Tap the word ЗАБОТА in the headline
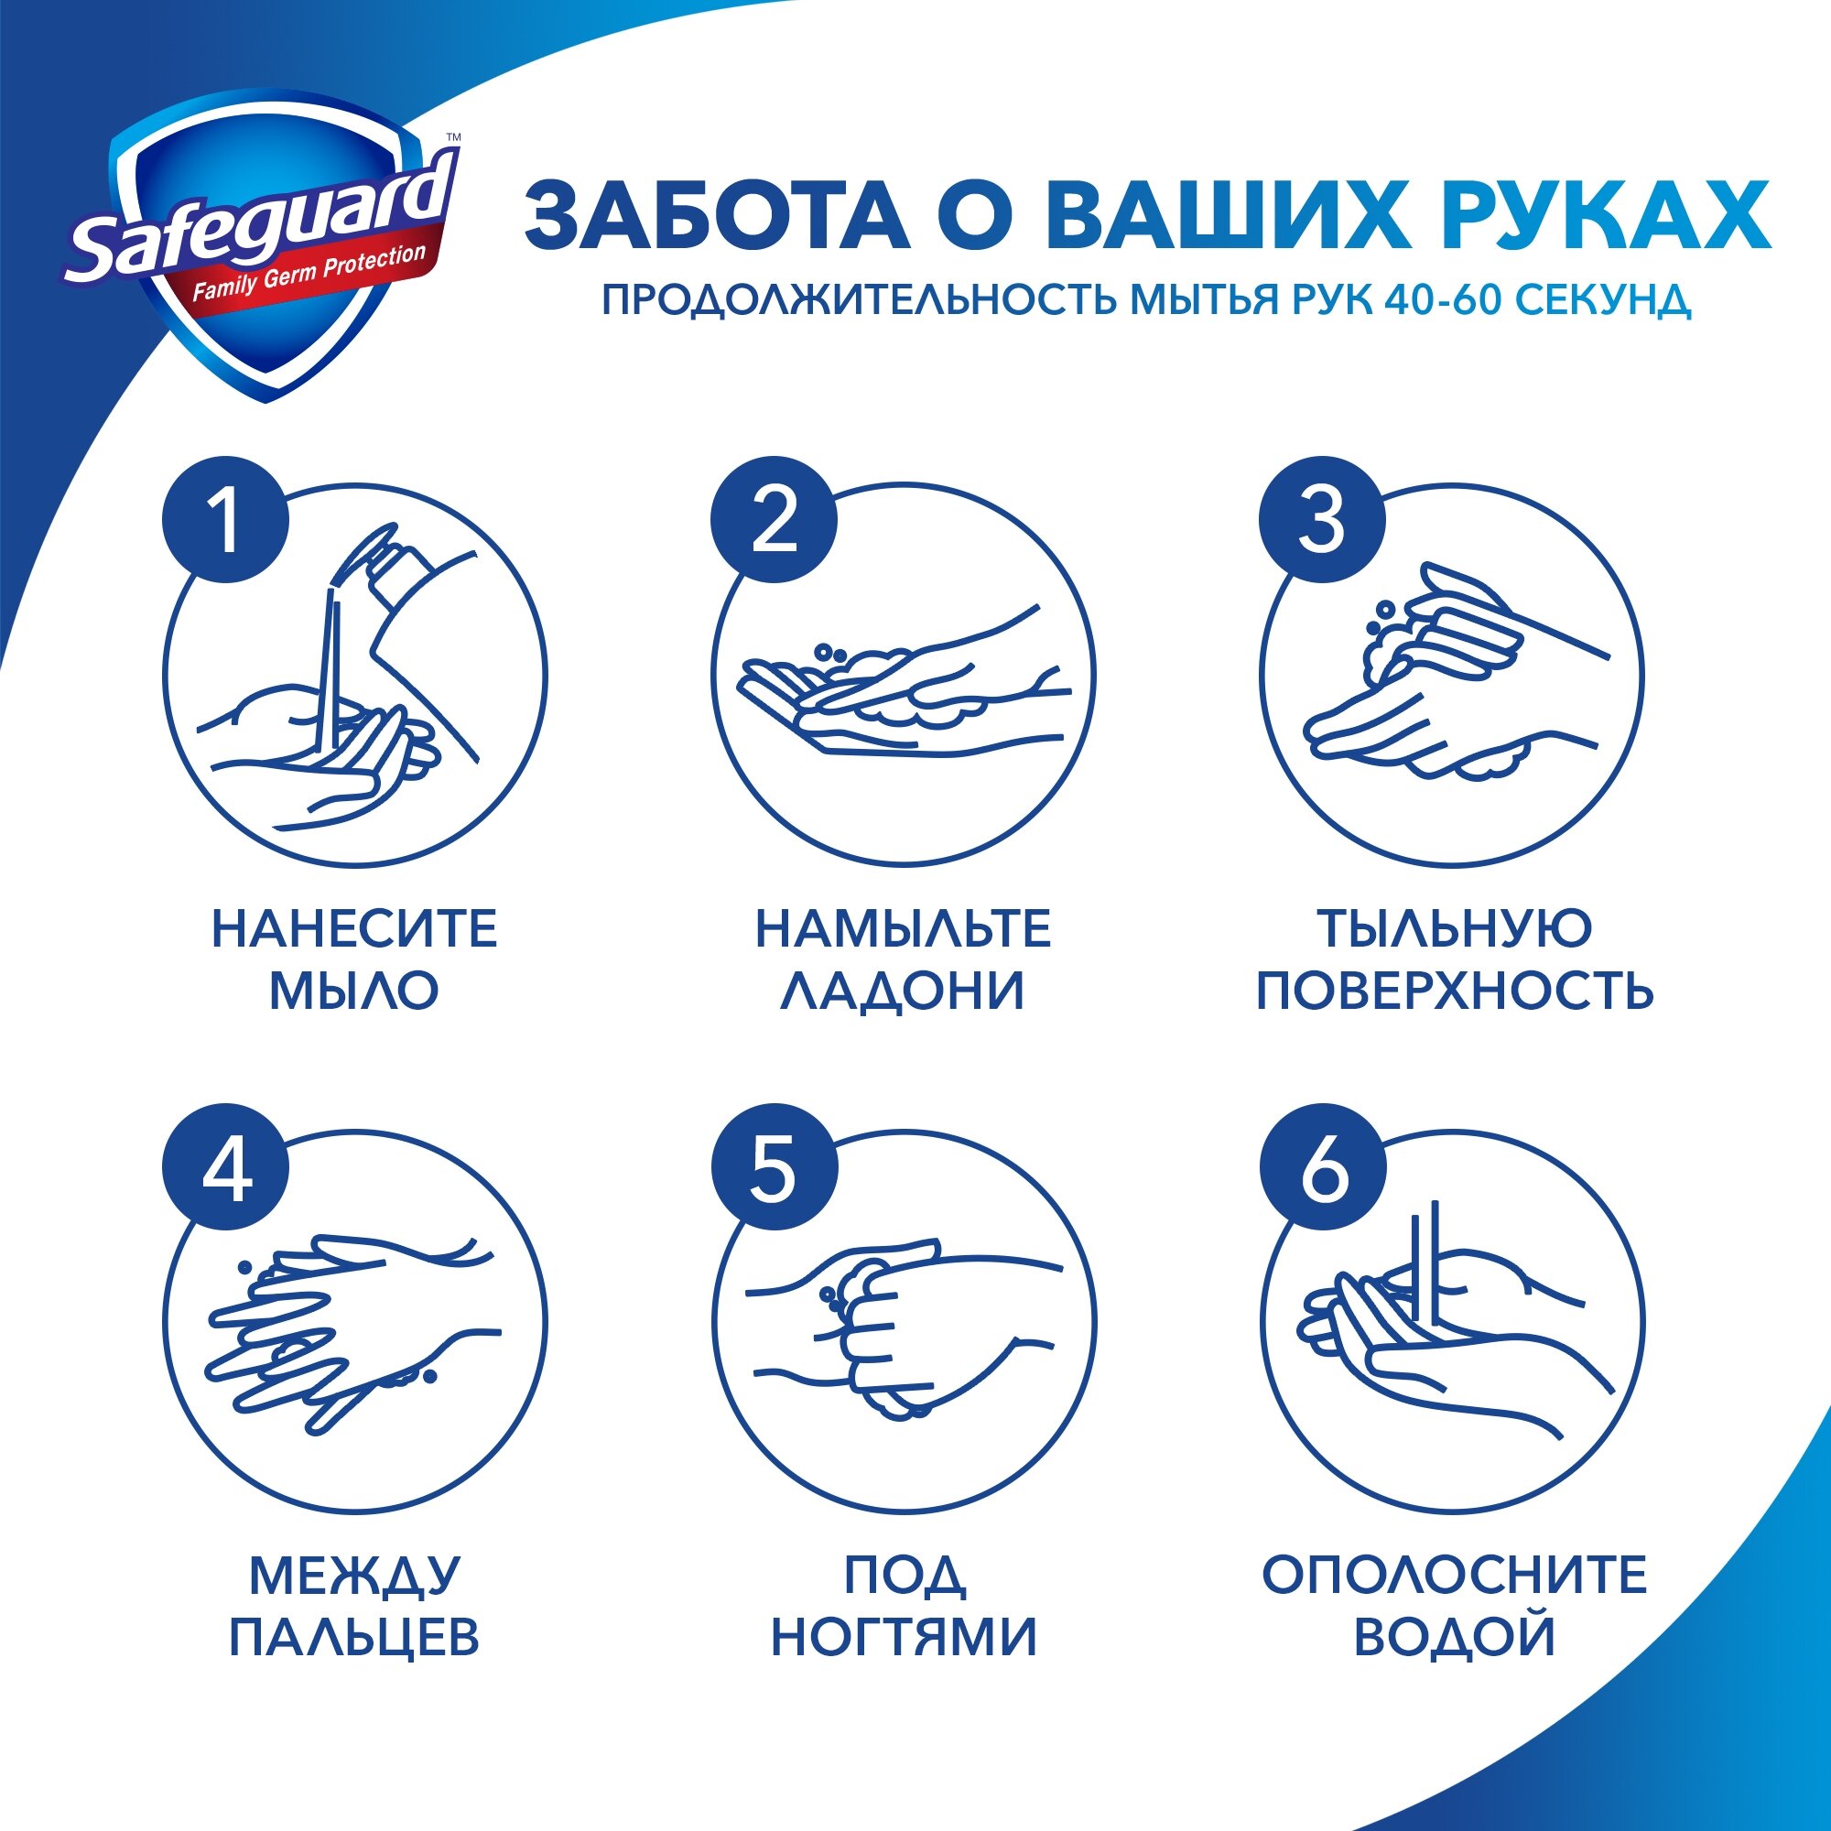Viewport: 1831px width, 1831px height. tap(717, 217)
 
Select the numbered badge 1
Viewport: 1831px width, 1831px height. tap(225, 521)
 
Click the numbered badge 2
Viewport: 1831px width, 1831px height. tap(774, 521)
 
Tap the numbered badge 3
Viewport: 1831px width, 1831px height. tap(1321, 521)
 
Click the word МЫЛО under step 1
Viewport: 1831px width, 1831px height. tap(353, 991)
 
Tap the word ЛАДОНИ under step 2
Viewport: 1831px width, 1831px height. tap(903, 991)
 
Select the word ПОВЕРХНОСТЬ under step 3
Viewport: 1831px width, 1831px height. tap(1455, 991)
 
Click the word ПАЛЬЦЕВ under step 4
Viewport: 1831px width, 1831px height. tap(354, 1637)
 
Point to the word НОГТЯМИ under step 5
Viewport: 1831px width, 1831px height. tap(905, 1637)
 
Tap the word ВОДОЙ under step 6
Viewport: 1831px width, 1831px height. tap(1455, 1637)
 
